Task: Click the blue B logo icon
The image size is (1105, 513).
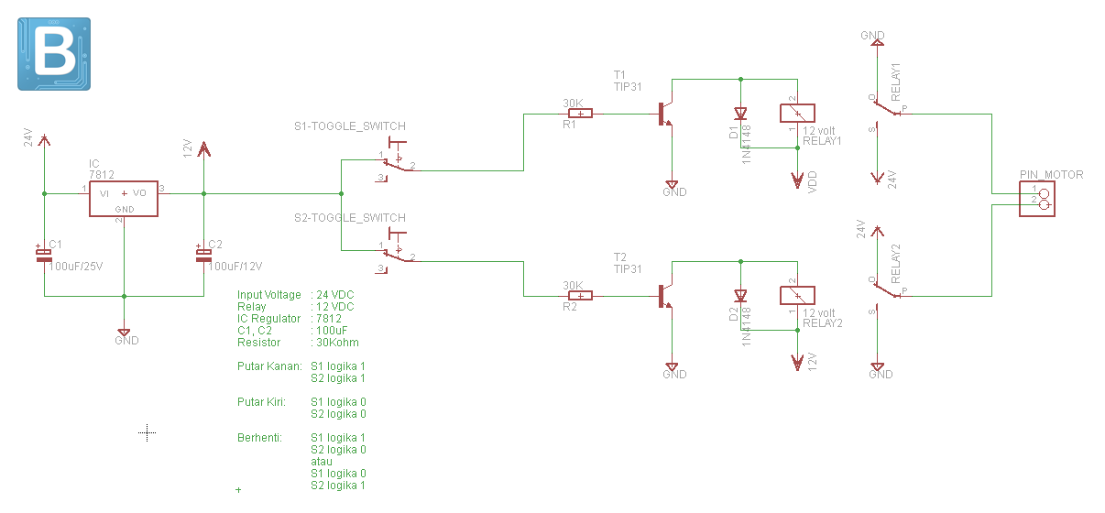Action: pyautogui.click(x=54, y=53)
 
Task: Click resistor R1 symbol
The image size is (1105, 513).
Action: pyautogui.click(x=580, y=114)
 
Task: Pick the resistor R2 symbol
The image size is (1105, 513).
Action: pyautogui.click(x=580, y=295)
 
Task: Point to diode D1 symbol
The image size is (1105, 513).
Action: pyautogui.click(x=740, y=115)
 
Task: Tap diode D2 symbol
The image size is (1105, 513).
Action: pyautogui.click(x=740, y=296)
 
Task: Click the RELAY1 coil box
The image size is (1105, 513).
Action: pyautogui.click(x=797, y=114)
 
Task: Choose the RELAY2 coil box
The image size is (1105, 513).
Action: pyautogui.click(x=797, y=295)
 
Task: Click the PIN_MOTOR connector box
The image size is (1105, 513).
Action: pyautogui.click(x=1037, y=199)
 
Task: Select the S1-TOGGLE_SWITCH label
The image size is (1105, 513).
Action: pyautogui.click(x=349, y=126)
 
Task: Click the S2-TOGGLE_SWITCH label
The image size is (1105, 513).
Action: pyautogui.click(x=349, y=218)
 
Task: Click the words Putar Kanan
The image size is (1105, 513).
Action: pyautogui.click(x=269, y=366)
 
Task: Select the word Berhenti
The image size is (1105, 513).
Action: pyautogui.click(x=259, y=438)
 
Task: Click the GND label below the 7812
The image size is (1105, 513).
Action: pyautogui.click(x=126, y=341)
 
